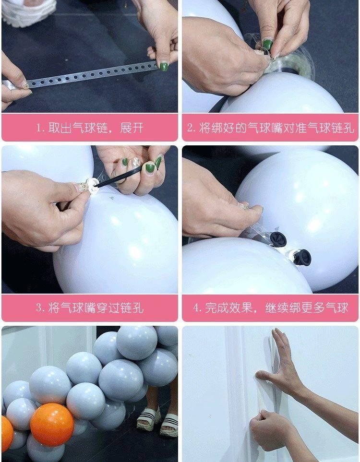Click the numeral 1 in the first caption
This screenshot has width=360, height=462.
click(x=38, y=128)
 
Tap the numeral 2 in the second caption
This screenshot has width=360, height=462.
click(x=190, y=128)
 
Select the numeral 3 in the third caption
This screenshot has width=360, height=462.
click(x=38, y=308)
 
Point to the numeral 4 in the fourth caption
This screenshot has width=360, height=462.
click(x=196, y=308)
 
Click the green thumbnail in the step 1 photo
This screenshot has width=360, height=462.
click(x=164, y=66)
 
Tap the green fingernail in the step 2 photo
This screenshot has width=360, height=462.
click(x=267, y=45)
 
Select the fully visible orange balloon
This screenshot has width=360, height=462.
click(x=52, y=425)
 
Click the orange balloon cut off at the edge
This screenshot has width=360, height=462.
click(x=7, y=433)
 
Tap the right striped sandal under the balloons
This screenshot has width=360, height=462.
click(x=169, y=425)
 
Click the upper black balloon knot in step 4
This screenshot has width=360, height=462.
click(x=278, y=239)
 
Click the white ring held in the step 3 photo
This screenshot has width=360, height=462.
click(x=94, y=185)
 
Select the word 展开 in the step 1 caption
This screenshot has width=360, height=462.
click(x=132, y=128)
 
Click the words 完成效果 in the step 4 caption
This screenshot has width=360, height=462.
click(x=229, y=308)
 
